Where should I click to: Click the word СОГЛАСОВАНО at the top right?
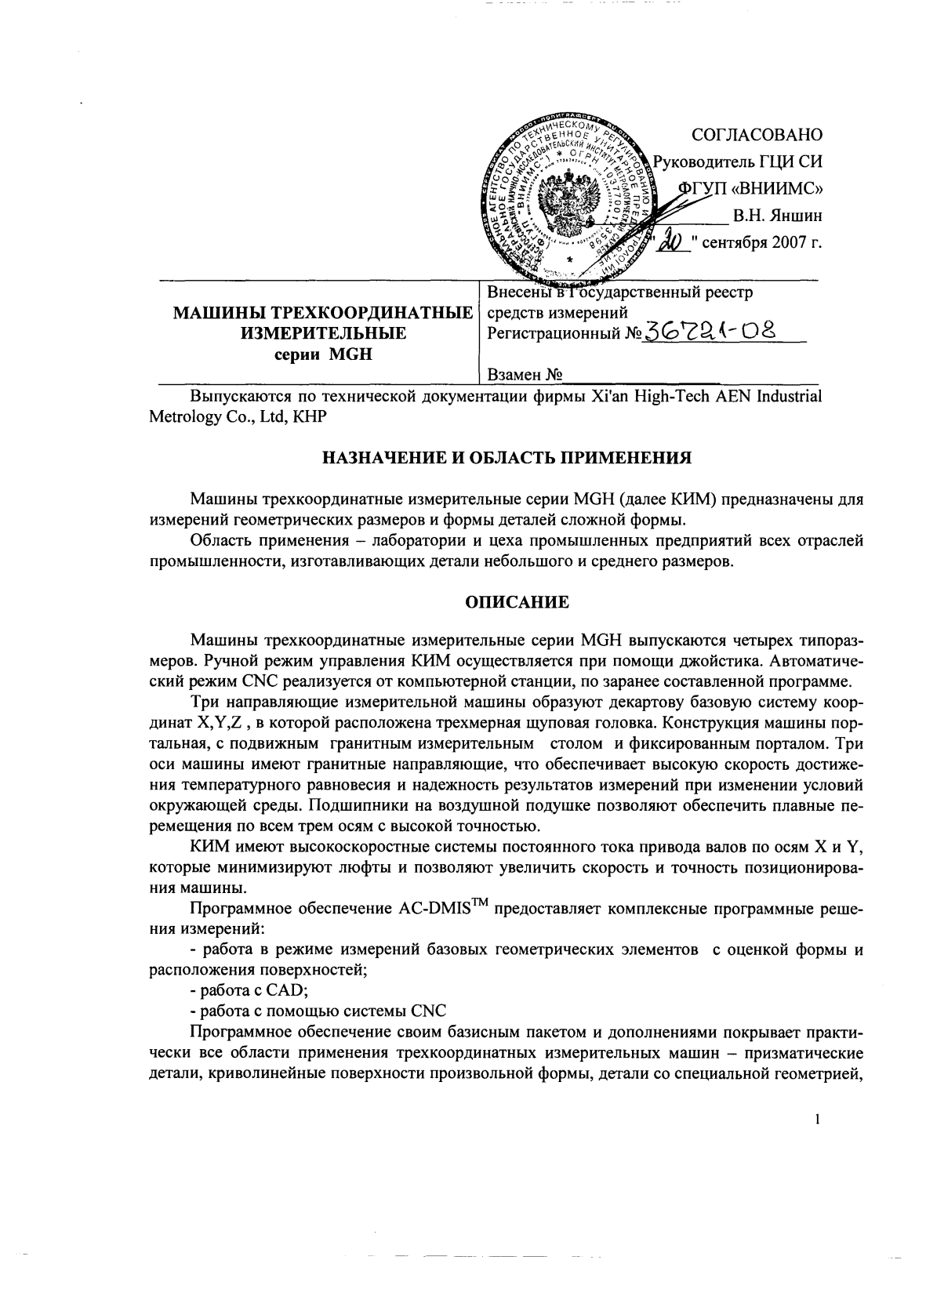point(757,135)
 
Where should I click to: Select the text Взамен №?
point(525,376)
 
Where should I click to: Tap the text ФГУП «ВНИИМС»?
point(750,187)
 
